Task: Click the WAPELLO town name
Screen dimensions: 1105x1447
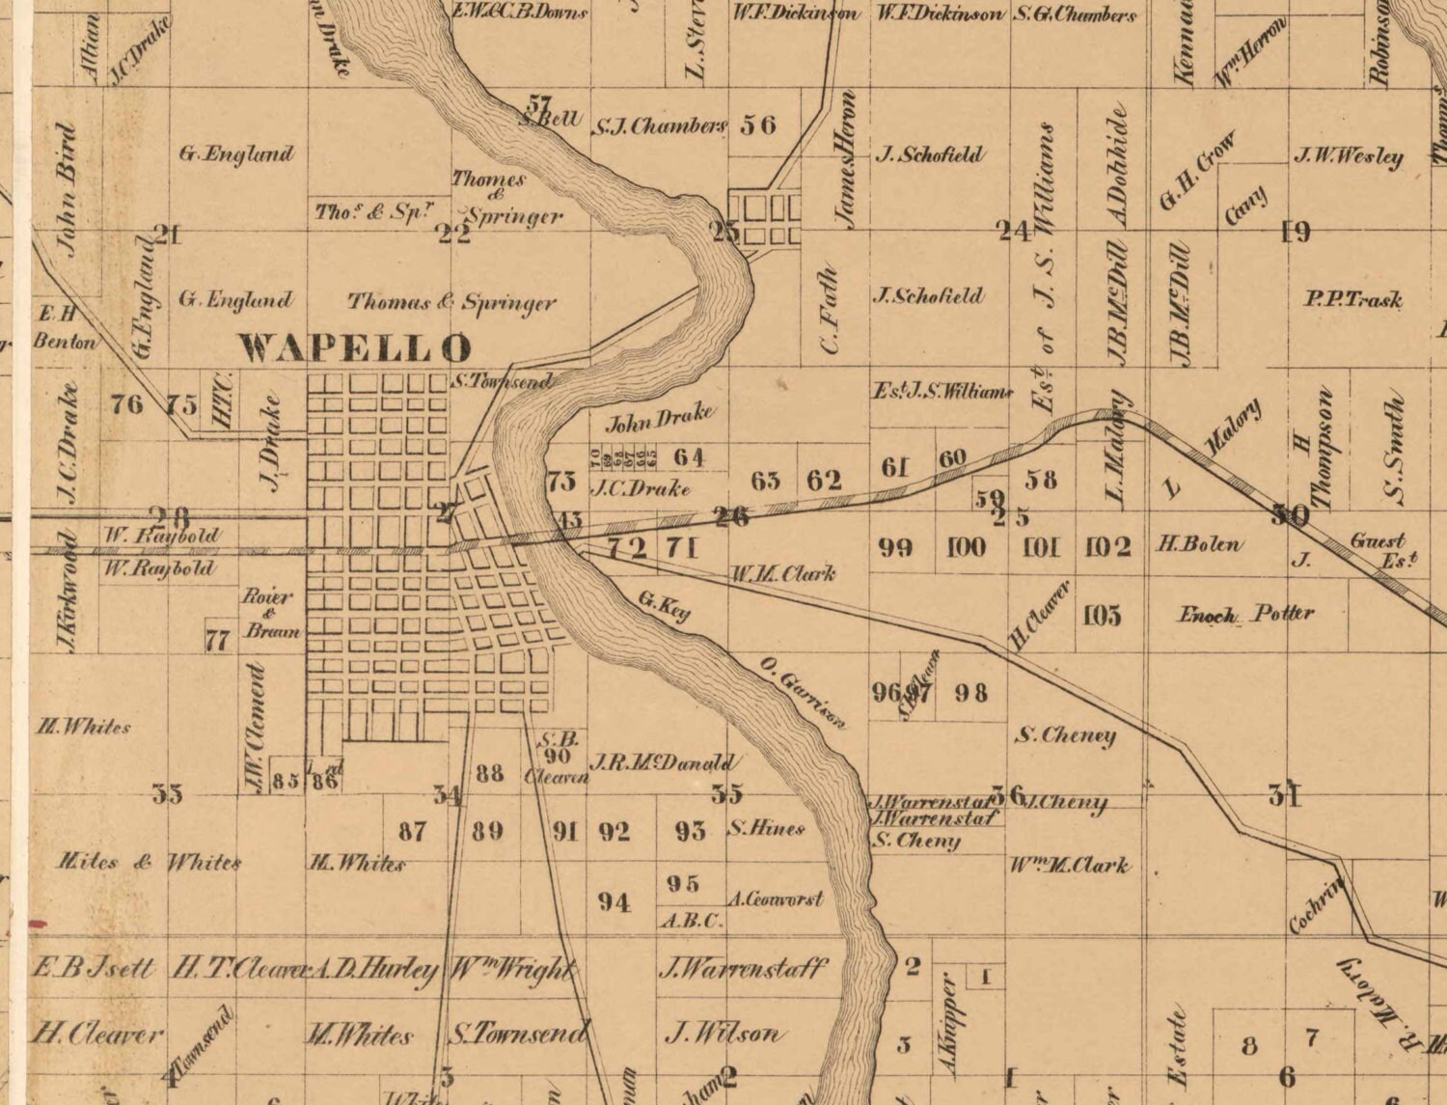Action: pyautogui.click(x=356, y=347)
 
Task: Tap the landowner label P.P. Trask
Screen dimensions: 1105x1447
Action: pyautogui.click(x=1352, y=299)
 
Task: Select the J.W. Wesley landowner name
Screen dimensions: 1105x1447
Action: pyautogui.click(x=1349, y=155)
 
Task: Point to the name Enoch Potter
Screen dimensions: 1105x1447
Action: pyautogui.click(x=1246, y=614)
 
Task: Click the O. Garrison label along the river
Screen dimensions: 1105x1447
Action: pyautogui.click(x=802, y=691)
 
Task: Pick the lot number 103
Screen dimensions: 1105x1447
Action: pyautogui.click(x=1102, y=615)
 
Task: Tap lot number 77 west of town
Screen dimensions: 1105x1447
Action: pyautogui.click(x=218, y=640)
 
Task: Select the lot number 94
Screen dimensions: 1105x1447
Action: pyautogui.click(x=614, y=902)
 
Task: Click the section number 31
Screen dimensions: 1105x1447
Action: pyautogui.click(x=1285, y=795)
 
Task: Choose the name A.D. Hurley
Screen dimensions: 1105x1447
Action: pyautogui.click(x=375, y=970)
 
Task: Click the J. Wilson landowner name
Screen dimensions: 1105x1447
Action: pyautogui.click(x=723, y=1034)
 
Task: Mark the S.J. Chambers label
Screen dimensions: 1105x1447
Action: pyautogui.click(x=660, y=125)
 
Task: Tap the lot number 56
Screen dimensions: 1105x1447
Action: pyautogui.click(x=758, y=124)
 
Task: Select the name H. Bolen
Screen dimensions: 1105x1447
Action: pyautogui.click(x=1200, y=544)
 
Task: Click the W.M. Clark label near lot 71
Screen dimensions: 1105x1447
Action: pyautogui.click(x=781, y=573)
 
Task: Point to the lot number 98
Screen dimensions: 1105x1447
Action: pyautogui.click(x=970, y=692)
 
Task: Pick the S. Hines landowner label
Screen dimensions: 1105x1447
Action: pyautogui.click(x=766, y=828)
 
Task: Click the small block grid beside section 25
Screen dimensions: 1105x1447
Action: pyautogui.click(x=765, y=220)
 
